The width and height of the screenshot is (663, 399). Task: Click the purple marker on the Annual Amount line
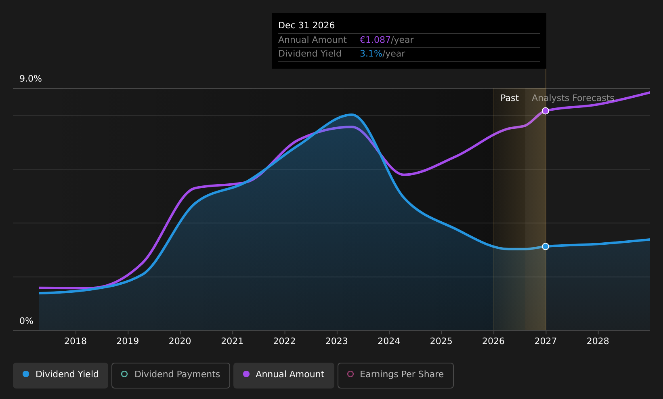546,111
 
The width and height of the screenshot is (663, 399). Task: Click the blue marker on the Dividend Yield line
546,246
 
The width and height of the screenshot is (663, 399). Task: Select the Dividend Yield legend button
61,375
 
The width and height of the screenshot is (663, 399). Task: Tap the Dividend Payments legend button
171,375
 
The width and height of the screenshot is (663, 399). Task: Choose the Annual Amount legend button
284,375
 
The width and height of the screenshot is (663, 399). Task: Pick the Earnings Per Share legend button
396,375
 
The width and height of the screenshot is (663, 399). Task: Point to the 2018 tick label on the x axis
76,341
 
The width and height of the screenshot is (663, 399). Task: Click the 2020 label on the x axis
180,341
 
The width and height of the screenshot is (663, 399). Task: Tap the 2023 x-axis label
337,341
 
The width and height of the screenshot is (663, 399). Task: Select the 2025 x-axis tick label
441,341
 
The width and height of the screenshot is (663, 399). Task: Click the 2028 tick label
598,341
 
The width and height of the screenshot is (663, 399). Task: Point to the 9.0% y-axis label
31,79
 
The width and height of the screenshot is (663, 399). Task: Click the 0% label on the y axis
26,321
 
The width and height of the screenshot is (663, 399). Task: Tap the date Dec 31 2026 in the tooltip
306,25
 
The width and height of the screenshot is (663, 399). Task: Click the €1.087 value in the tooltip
375,40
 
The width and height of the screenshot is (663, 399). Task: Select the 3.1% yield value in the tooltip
371,54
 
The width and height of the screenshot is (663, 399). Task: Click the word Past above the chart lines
510,98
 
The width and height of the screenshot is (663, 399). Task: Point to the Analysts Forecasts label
573,98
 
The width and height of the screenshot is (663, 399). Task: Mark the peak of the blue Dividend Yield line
351,114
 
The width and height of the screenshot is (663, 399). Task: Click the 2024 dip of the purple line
404,174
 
